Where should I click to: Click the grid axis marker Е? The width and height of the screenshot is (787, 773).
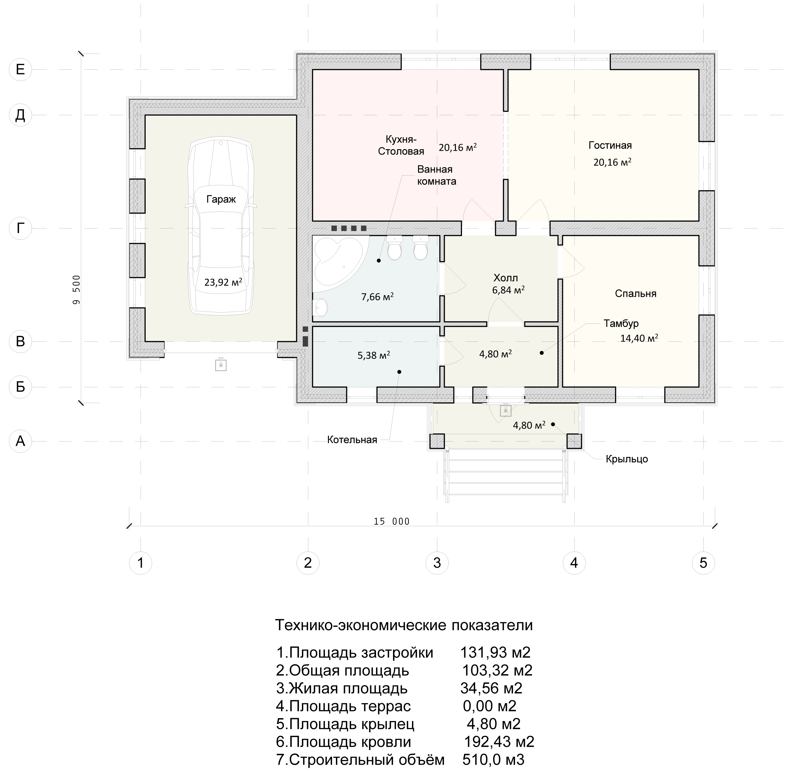(x=20, y=69)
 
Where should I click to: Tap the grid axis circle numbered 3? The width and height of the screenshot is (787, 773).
(x=437, y=563)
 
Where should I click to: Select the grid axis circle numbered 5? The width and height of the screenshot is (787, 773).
(x=703, y=563)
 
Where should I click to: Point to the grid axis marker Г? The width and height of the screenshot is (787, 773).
(x=20, y=228)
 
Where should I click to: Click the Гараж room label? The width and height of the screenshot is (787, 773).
(x=221, y=199)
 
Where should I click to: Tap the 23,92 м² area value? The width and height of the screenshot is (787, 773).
(x=223, y=281)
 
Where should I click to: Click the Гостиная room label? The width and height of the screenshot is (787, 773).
(x=610, y=145)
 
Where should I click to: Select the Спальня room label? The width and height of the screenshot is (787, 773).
(x=636, y=294)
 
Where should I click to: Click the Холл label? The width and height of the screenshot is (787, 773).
(x=506, y=278)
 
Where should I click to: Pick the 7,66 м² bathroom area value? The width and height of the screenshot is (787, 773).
(x=378, y=297)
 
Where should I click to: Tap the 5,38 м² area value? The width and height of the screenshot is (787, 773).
(x=374, y=355)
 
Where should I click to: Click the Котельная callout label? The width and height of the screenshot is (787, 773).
(x=352, y=440)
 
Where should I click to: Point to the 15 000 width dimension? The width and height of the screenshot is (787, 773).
(x=392, y=521)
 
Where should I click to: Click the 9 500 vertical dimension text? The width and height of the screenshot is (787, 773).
(x=77, y=289)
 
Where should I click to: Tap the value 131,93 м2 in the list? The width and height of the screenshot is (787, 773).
(x=495, y=652)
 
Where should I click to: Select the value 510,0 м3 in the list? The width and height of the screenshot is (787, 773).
(x=493, y=759)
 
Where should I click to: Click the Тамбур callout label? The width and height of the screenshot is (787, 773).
(x=621, y=323)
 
